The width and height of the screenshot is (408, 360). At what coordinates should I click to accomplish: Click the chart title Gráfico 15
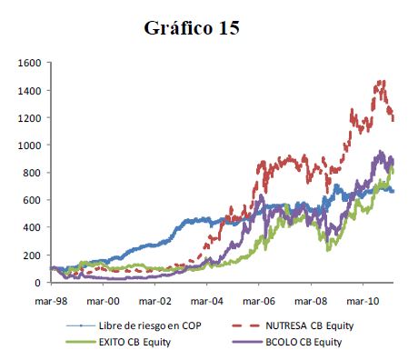[192, 28]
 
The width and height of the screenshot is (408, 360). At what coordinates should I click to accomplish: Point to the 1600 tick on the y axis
[29, 63]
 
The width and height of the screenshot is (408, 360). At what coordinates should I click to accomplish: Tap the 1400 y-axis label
[29, 91]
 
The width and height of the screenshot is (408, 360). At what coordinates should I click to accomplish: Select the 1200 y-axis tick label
[29, 118]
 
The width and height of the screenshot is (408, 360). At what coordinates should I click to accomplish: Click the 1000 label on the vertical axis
[29, 145]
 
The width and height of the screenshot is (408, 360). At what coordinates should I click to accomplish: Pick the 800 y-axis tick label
[32, 173]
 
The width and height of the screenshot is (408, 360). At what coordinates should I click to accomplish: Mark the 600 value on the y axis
[32, 200]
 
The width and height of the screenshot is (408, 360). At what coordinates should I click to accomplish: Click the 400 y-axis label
[32, 227]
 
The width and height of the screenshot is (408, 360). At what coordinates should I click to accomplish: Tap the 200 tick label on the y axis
[32, 255]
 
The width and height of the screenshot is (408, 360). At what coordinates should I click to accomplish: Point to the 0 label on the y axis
[38, 283]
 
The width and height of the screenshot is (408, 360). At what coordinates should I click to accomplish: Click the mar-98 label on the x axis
[51, 301]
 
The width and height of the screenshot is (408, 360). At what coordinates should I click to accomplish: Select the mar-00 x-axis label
[103, 301]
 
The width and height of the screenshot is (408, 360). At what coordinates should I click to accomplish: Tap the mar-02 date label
[155, 301]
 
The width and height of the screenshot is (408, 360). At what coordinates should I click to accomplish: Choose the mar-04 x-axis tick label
[207, 301]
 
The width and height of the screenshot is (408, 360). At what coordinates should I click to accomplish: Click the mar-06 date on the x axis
[259, 301]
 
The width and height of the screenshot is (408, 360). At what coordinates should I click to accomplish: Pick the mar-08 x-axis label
[311, 301]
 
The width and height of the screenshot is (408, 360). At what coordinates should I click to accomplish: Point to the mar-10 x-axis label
[363, 301]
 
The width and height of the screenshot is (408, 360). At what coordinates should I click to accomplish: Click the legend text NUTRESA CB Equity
[310, 325]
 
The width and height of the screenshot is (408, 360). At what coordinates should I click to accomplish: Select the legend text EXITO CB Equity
[134, 342]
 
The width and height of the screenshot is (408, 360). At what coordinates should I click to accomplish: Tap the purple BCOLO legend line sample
[247, 342]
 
